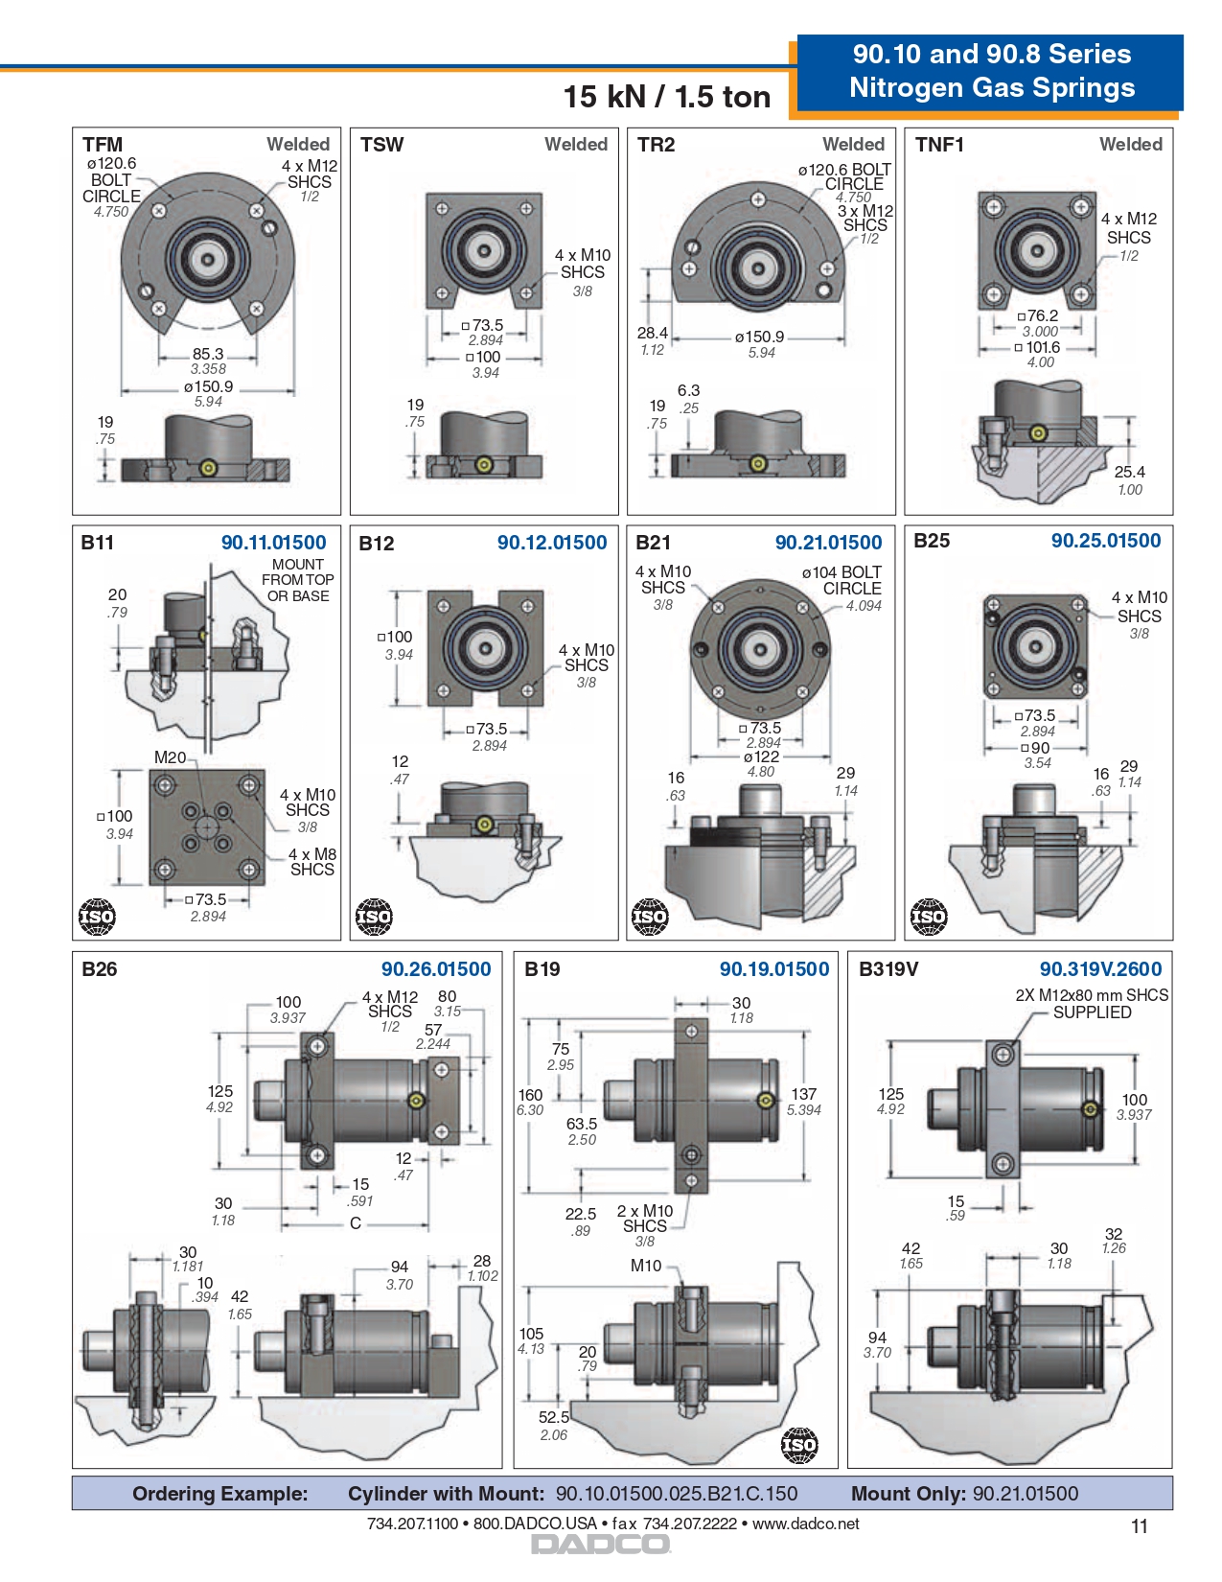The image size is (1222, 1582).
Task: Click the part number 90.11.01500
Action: [x=273, y=543]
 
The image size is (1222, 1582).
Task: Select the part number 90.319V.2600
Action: [x=1100, y=969]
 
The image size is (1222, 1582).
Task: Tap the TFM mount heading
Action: [x=103, y=145]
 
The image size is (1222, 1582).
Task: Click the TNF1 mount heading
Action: [x=939, y=145]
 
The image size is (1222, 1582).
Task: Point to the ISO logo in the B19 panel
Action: [x=799, y=1445]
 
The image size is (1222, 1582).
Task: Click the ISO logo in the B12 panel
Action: [x=374, y=917]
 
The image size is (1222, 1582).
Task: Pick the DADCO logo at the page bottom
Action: [x=601, y=1545]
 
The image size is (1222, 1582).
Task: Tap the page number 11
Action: [x=1139, y=1526]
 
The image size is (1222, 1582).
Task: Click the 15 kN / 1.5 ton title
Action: [x=666, y=97]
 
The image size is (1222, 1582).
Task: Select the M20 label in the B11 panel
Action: [x=170, y=757]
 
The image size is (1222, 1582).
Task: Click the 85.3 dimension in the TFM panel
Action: [x=208, y=354]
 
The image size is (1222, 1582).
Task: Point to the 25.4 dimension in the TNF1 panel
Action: [x=1129, y=472]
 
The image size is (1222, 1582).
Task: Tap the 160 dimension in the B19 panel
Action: [x=530, y=1095]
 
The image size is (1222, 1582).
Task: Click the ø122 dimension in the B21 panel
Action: [x=761, y=756]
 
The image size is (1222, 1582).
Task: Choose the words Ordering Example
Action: [x=220, y=1494]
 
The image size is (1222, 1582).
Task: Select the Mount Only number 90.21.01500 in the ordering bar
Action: [x=1026, y=1494]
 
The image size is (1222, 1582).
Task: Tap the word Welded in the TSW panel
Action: [x=576, y=145]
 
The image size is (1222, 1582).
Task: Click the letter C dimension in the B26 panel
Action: [x=356, y=1223]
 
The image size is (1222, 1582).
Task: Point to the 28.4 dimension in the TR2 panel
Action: [x=653, y=333]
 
